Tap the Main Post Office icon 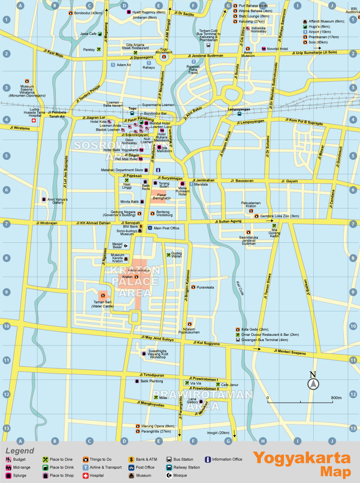[x=150, y=228]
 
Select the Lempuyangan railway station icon [x=239, y=114]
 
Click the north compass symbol [x=313, y=384]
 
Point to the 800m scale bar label [x=336, y=398]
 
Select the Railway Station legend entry [x=184, y=467]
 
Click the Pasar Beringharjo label [x=161, y=196]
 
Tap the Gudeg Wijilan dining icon [x=168, y=255]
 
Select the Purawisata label [x=205, y=287]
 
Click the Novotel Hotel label [x=278, y=48]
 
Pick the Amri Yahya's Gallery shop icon [x=44, y=200]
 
